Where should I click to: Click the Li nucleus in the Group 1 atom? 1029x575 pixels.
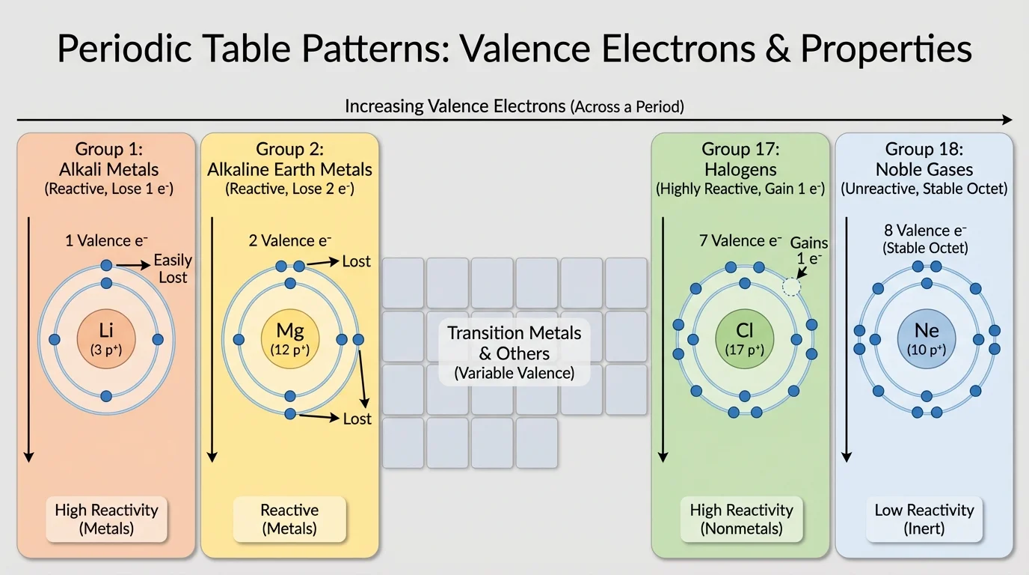106,339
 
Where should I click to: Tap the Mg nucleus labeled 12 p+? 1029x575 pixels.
289,339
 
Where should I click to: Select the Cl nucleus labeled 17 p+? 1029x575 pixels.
744,339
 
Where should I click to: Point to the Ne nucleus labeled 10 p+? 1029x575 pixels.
927,339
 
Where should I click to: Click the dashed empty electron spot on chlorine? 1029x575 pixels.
791,287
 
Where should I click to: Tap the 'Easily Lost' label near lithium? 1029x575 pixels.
172,269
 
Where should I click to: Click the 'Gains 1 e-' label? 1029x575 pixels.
809,251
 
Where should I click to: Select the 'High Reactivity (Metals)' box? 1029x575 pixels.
106,519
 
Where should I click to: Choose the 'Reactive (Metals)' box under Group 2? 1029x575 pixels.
289,519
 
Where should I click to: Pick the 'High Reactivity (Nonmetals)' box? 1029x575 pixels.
741,519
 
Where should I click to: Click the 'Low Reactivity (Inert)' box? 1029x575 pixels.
924,519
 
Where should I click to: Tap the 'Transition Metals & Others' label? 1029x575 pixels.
514,343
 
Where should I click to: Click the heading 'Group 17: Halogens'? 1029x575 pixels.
740,159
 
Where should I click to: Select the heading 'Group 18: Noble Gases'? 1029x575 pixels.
924,159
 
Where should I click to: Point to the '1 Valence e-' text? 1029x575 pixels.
106,240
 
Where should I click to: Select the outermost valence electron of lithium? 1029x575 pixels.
106,265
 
